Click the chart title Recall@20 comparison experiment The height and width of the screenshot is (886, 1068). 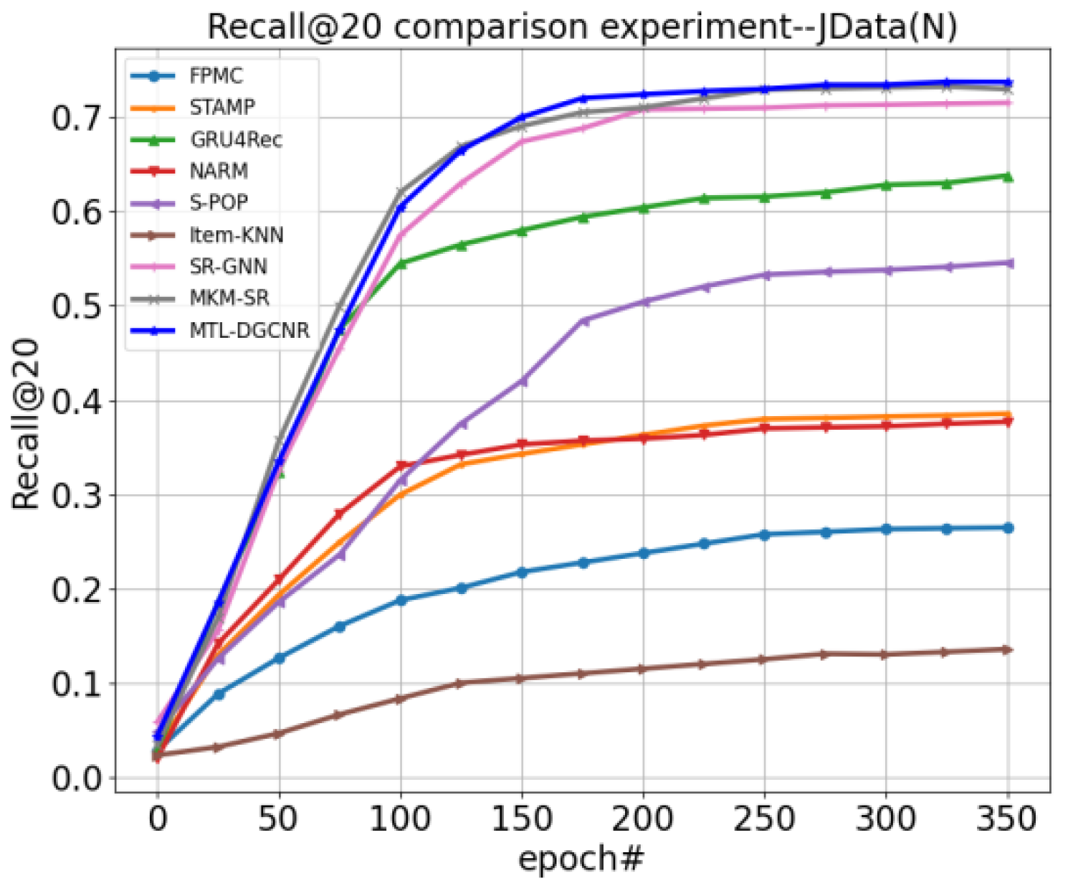pyautogui.click(x=582, y=27)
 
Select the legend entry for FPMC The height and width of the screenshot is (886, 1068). pyautogui.click(x=216, y=76)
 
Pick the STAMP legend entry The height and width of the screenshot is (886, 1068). pyautogui.click(x=221, y=108)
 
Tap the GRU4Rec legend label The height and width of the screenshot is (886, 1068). pyautogui.click(x=236, y=139)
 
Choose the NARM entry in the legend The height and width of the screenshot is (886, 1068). pyautogui.click(x=219, y=171)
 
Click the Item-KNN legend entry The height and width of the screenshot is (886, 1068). pyautogui.click(x=236, y=235)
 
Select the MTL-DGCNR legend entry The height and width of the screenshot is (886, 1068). pyautogui.click(x=249, y=330)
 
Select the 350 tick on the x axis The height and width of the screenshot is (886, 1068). pyautogui.click(x=1007, y=819)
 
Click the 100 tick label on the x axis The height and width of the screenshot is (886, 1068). pyautogui.click(x=400, y=819)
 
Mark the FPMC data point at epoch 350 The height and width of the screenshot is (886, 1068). pyautogui.click(x=1008, y=528)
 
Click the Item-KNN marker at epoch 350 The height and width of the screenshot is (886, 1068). pyautogui.click(x=1006, y=649)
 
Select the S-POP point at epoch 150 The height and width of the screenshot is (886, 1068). pyautogui.click(x=523, y=381)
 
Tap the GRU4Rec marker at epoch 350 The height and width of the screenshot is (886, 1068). pyautogui.click(x=1007, y=176)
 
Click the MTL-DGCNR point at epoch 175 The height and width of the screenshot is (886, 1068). pyautogui.click(x=583, y=98)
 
